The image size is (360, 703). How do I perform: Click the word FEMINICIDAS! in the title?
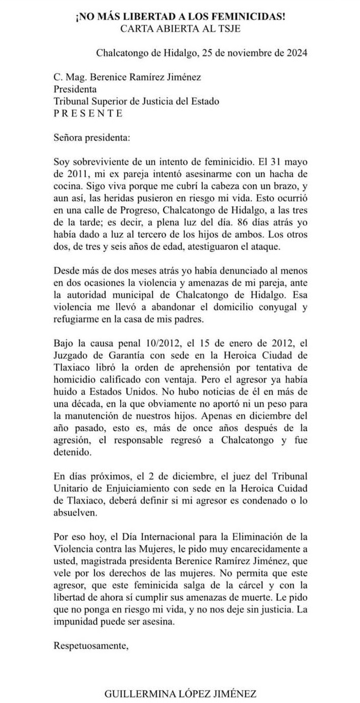click(245, 17)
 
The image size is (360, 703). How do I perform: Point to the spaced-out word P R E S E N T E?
click(88, 113)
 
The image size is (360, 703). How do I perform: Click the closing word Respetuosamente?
click(91, 645)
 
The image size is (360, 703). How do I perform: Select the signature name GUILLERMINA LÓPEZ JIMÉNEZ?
click(180, 694)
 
